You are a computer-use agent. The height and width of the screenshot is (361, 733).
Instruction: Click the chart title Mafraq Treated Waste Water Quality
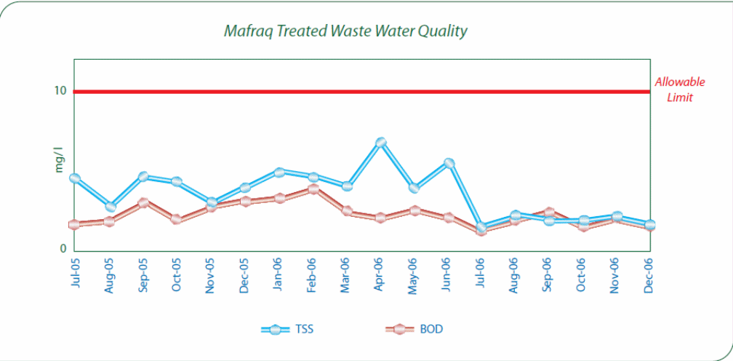[x=345, y=31]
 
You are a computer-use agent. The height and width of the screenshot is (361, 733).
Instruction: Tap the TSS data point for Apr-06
[x=380, y=143]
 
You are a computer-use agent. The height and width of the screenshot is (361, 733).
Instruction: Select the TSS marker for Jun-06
[x=449, y=163]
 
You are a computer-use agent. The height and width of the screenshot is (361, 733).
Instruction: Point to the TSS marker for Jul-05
[x=74, y=178]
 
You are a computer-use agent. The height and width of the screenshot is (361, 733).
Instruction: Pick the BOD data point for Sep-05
[x=144, y=202]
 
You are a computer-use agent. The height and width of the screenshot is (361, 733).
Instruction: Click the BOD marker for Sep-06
[x=550, y=212]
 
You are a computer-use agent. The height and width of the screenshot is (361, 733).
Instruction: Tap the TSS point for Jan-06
[x=279, y=172]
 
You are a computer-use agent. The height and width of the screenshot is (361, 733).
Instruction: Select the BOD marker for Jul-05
[x=74, y=224]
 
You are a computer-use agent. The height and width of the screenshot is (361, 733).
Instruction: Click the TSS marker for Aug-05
[x=110, y=207]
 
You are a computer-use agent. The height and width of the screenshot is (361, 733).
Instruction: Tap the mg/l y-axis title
[x=60, y=159]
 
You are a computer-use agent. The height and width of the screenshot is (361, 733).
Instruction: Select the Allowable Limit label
[x=680, y=90]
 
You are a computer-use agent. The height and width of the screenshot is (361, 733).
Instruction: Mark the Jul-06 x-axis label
[x=481, y=274]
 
